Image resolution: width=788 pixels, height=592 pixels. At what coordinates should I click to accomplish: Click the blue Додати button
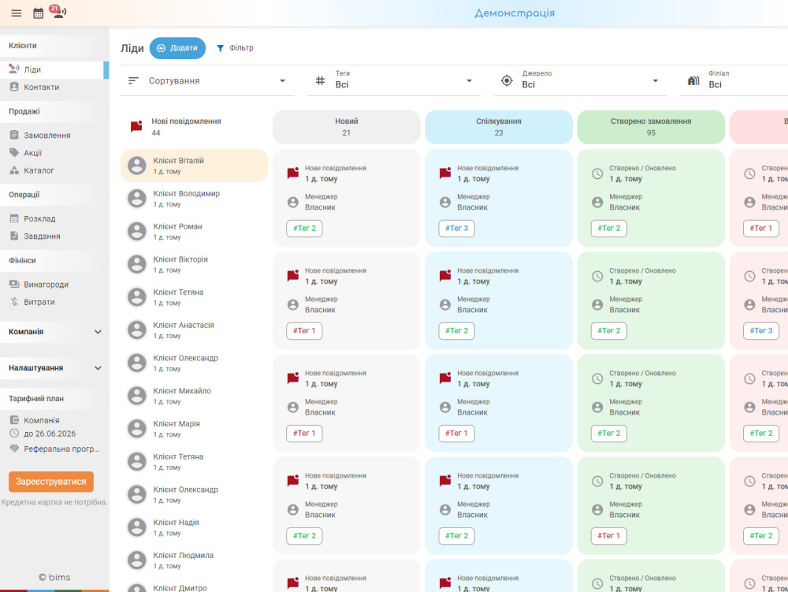[177, 48]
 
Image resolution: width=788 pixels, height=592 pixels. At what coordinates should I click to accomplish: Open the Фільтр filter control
[235, 48]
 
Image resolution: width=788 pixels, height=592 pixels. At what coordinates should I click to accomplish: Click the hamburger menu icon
[17, 13]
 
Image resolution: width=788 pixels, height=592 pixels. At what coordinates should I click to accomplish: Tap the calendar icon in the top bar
[38, 13]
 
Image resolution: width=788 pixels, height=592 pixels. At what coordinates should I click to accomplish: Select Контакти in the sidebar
[41, 87]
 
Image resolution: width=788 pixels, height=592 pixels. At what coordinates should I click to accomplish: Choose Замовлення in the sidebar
[46, 135]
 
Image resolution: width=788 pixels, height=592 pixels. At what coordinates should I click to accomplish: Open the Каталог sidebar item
[39, 170]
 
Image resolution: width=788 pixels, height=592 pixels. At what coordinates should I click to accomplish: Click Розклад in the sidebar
[39, 218]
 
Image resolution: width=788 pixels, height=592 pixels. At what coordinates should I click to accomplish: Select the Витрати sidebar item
[39, 302]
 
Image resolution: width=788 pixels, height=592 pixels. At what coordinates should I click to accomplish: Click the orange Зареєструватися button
[51, 482]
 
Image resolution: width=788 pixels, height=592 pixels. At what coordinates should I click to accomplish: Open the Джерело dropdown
[580, 81]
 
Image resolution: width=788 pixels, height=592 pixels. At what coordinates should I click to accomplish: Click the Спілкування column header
[499, 127]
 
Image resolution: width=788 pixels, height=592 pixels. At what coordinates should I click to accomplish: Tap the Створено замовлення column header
[651, 127]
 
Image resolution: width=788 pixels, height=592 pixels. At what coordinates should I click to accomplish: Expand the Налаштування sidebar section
[54, 368]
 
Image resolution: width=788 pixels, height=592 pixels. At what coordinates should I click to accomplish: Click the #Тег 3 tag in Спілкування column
[456, 228]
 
